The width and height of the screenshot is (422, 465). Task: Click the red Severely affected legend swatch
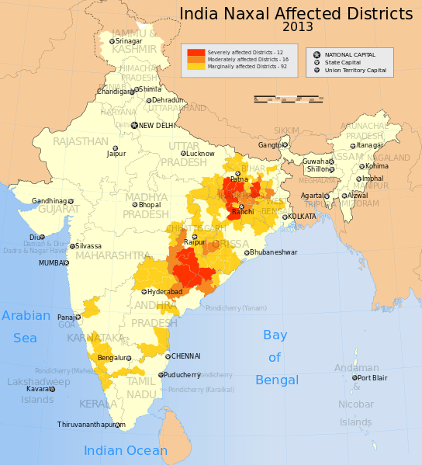pyautogui.click(x=196, y=52)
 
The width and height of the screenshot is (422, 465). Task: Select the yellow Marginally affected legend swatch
pyautogui.click(x=196, y=67)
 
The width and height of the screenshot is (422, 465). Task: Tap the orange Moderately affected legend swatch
pyautogui.click(x=196, y=59)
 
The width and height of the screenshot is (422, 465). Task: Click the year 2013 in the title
pyautogui.click(x=298, y=27)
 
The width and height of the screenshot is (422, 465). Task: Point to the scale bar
pyautogui.click(x=289, y=98)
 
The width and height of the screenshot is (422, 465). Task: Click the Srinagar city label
pyautogui.click(x=129, y=41)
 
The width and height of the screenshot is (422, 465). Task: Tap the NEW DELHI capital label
pyautogui.click(x=158, y=125)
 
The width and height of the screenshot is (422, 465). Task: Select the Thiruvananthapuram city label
pyautogui.click(x=91, y=425)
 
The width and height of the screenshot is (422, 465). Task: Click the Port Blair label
pyautogui.click(x=372, y=378)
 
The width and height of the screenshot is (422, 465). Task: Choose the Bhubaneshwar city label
pyautogui.click(x=272, y=252)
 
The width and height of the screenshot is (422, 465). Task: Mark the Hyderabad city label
pyautogui.click(x=164, y=292)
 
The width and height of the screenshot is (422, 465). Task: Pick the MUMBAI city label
pyautogui.click(x=54, y=263)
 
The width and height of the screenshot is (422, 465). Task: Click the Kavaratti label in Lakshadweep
pyautogui.click(x=41, y=389)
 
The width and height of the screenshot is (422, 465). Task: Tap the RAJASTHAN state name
pyautogui.click(x=81, y=141)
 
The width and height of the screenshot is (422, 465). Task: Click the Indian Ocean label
pyautogui.click(x=125, y=451)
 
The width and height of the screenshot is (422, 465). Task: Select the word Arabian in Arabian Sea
pyautogui.click(x=26, y=316)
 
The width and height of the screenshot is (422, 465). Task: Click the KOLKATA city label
pyautogui.click(x=302, y=216)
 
